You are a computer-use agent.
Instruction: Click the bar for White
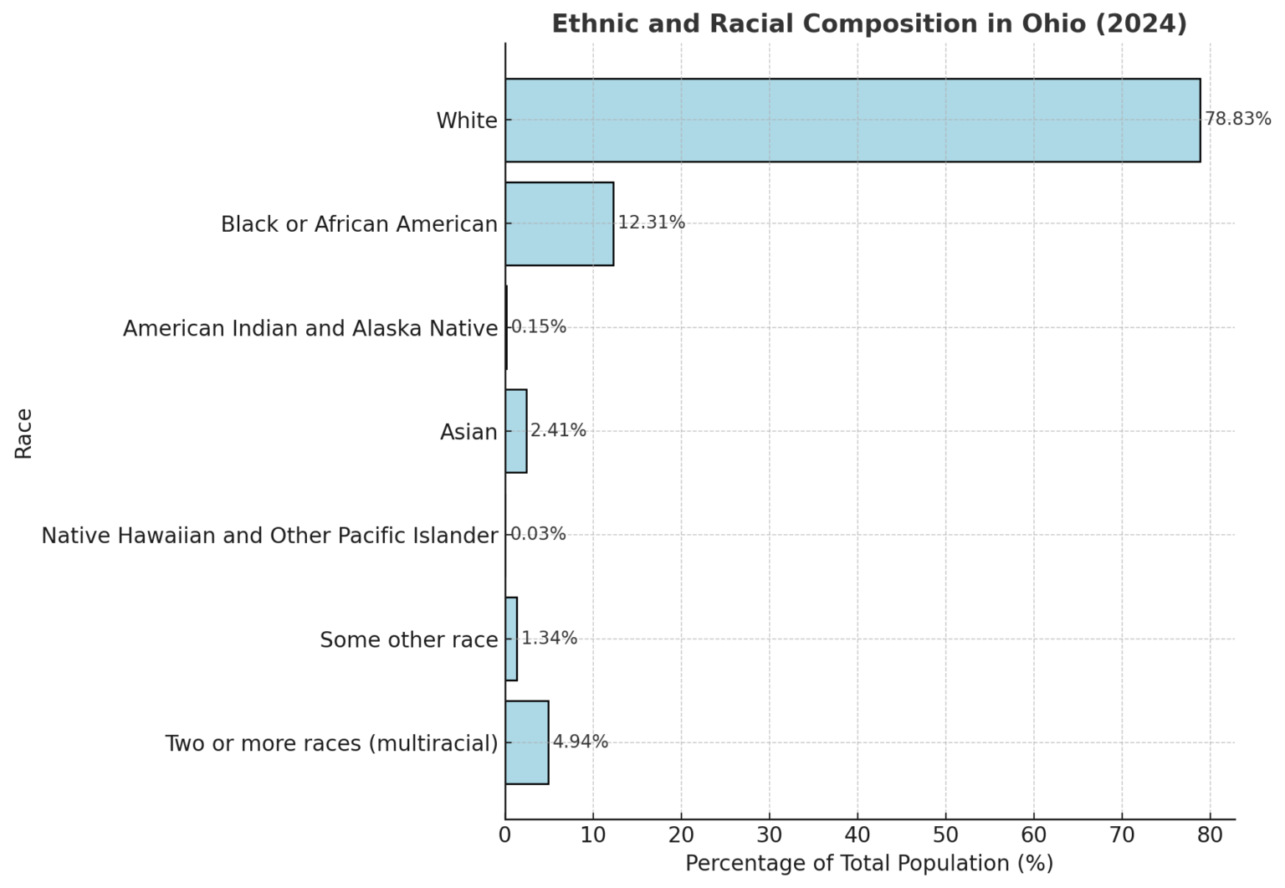852,120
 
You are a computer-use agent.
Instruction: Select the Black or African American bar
559,223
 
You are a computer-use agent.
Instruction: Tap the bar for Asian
515,431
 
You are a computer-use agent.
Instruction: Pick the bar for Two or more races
526,742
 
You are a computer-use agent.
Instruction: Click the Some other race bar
511,639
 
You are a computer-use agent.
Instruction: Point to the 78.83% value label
1237,119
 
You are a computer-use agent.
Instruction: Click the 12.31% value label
651,223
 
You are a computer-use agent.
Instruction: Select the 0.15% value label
538,326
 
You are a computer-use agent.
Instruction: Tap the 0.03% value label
538,534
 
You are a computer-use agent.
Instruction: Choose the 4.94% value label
580,742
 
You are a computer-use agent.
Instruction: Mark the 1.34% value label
549,638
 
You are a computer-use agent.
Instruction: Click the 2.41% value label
558,430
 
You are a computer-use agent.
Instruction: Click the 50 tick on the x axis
945,835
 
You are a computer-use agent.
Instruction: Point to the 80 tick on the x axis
1210,835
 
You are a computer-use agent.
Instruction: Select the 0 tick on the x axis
505,835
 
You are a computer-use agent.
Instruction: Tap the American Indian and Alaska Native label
310,328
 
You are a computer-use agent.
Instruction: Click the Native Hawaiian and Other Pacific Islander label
269,536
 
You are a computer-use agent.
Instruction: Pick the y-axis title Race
23,433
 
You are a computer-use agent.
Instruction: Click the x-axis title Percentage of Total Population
869,864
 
